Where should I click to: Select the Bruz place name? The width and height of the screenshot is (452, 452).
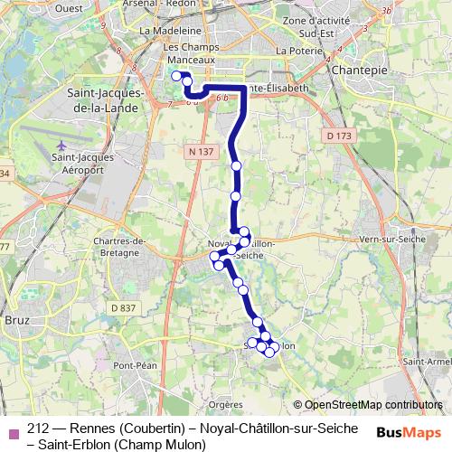[x=15, y=320]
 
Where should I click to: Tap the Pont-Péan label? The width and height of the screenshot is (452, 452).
[x=136, y=365]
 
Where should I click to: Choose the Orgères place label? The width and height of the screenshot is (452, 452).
[x=225, y=405]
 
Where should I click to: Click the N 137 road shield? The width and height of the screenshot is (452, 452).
[x=202, y=152]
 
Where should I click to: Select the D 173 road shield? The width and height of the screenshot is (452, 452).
[x=339, y=136]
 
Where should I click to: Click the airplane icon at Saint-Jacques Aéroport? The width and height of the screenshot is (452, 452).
[x=61, y=145]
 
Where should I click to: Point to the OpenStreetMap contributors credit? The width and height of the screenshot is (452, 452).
[x=372, y=405]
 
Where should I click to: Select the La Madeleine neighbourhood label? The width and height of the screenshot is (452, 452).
[x=163, y=30]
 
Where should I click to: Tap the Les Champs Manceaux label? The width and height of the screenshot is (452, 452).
[x=187, y=54]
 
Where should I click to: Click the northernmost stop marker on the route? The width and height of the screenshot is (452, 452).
[x=176, y=76]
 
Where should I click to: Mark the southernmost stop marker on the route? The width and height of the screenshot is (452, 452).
[x=268, y=352]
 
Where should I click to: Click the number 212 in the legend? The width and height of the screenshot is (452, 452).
[x=40, y=428]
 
